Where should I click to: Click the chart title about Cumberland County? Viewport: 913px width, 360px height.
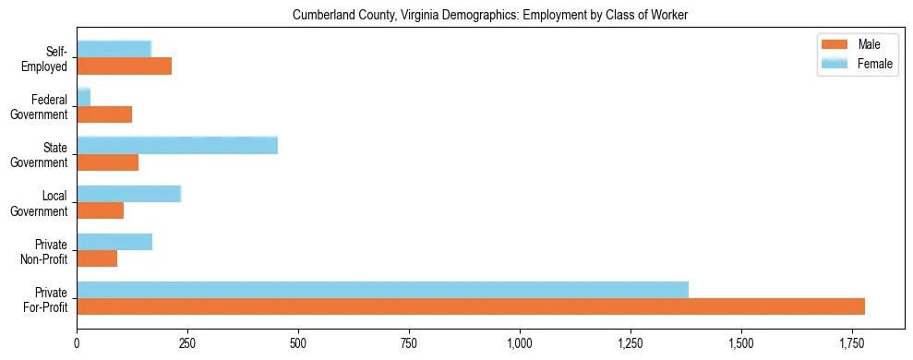pyautogui.click(x=490, y=16)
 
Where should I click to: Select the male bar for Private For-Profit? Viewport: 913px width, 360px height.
pyautogui.click(x=471, y=306)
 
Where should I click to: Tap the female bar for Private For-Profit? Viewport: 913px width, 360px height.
pyautogui.click(x=382, y=290)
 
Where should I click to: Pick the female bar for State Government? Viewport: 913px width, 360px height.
pyautogui.click(x=177, y=145)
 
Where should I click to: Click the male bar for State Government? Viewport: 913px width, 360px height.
pyautogui.click(x=107, y=162)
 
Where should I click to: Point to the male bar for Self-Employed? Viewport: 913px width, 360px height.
pyautogui.click(x=124, y=66)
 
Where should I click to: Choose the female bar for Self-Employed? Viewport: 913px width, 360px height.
pyautogui.click(x=114, y=49)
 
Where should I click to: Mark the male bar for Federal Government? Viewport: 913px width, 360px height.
pyautogui.click(x=104, y=114)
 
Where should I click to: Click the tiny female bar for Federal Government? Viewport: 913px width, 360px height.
pyautogui.click(x=83, y=97)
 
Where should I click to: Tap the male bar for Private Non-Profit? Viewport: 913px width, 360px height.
pyautogui.click(x=97, y=258)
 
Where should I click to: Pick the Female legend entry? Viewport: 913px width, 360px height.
pyautogui.click(x=856, y=64)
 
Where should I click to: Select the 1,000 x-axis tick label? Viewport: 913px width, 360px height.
pyautogui.click(x=520, y=342)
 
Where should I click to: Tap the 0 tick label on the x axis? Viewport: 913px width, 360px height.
pyautogui.click(x=77, y=342)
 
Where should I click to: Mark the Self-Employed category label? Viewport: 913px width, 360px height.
pyautogui.click(x=48, y=58)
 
